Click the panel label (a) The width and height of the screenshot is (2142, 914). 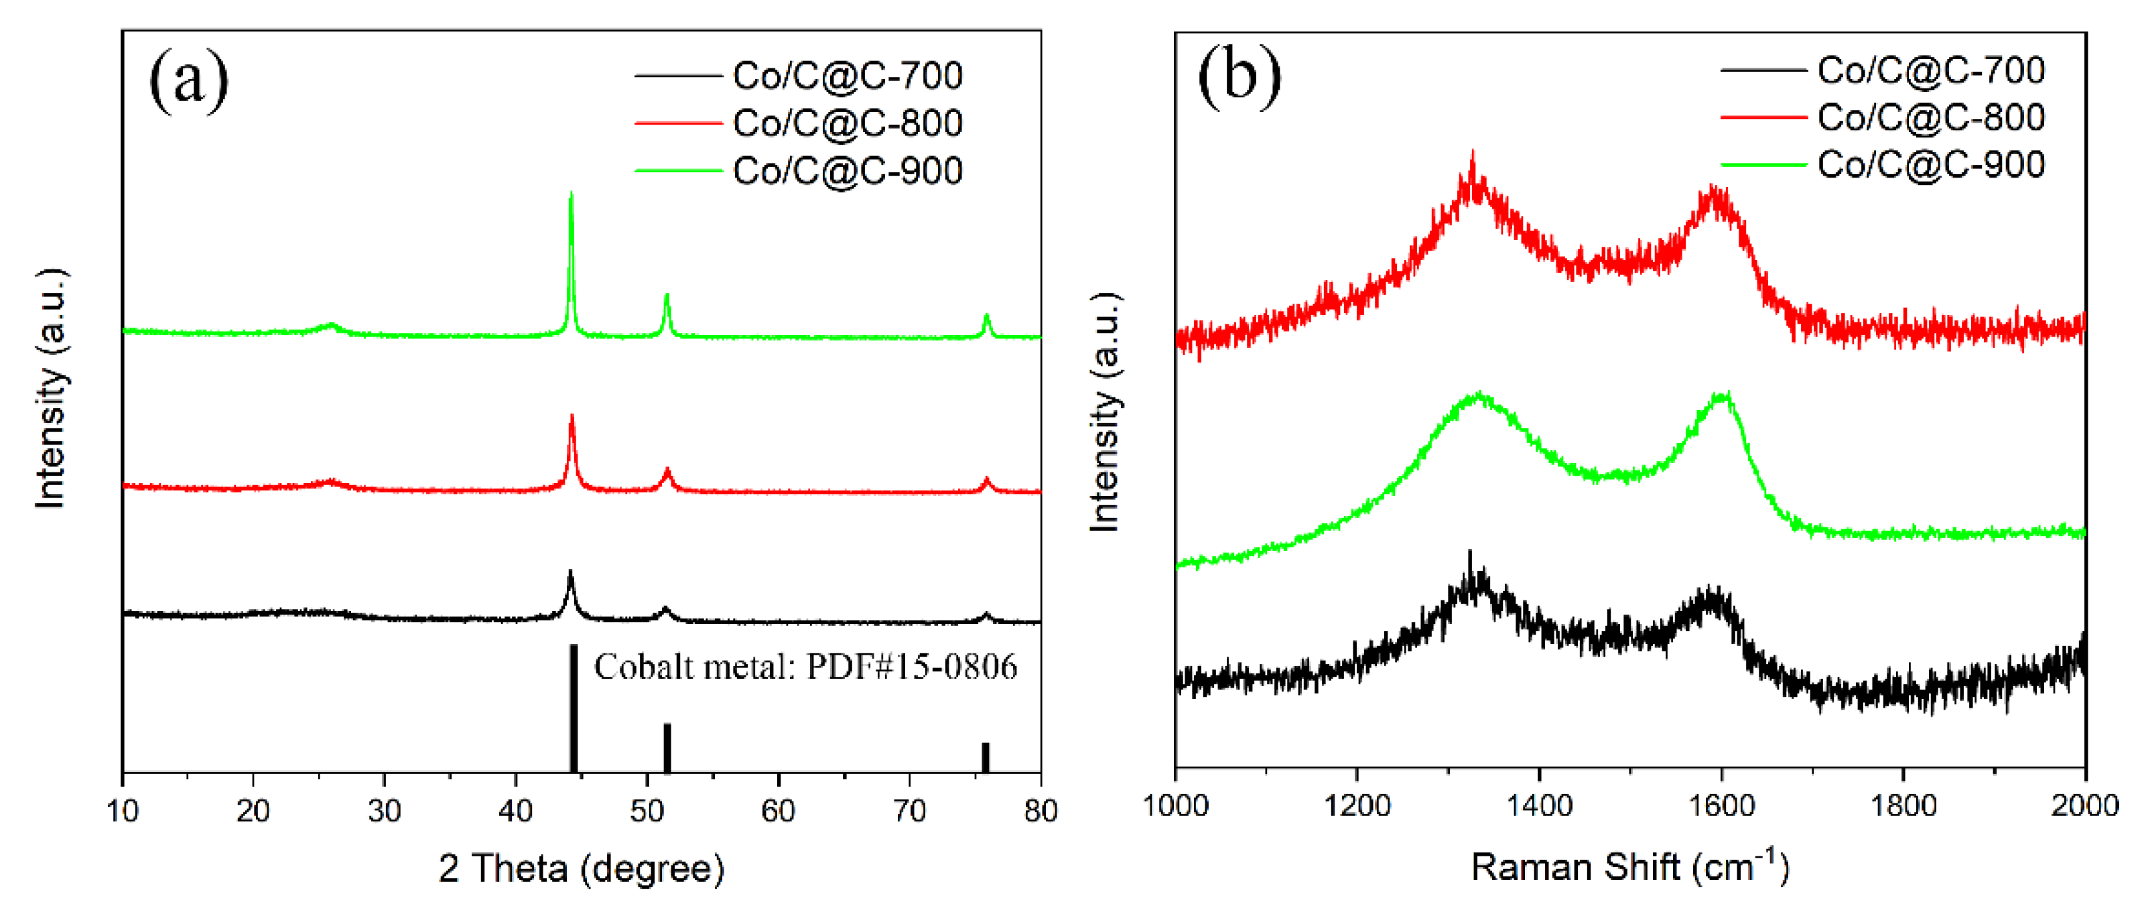click(188, 80)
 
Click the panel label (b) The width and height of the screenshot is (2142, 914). click(1238, 77)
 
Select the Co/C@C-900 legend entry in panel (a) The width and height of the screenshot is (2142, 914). click(846, 170)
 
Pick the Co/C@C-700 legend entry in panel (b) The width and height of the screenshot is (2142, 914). click(1930, 70)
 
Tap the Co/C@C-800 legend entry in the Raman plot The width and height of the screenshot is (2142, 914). click(1930, 118)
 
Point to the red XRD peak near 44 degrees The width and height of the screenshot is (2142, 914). click(572, 418)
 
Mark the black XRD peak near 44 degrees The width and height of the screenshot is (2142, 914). click(570, 574)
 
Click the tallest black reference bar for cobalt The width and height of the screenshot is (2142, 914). click(574, 707)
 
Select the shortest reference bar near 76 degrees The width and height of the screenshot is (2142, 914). click(986, 757)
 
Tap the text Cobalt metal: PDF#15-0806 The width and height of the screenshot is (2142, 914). click(805, 667)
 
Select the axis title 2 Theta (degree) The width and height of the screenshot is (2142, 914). click(582, 869)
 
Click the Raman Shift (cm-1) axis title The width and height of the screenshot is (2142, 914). click(1629, 867)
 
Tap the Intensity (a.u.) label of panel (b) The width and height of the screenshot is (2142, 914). click(1105, 411)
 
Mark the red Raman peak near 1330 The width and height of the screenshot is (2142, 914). click(1473, 158)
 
